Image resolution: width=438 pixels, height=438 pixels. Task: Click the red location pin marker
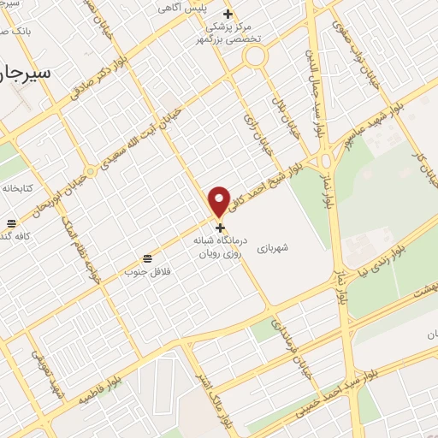220,201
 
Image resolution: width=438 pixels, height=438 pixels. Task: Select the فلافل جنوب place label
143,272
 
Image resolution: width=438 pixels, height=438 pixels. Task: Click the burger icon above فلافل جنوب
148,257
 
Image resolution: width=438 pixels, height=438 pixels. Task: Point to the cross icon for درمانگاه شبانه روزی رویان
221,228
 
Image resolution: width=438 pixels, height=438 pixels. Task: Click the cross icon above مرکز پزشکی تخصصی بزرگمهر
228,14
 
